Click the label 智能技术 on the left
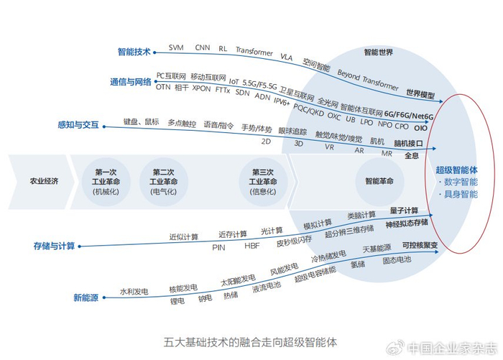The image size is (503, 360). pyautogui.click(x=134, y=52)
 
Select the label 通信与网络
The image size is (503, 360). pyautogui.click(x=130, y=82)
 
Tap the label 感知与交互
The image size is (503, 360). pyautogui.click(x=80, y=126)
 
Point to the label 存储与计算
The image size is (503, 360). pyautogui.click(x=53, y=246)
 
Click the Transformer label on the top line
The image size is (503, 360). pyautogui.click(x=254, y=52)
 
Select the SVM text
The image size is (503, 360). pyautogui.click(x=176, y=47)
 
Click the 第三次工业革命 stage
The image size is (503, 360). pyautogui.click(x=262, y=182)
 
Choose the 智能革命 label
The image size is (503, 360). pyautogui.click(x=379, y=181)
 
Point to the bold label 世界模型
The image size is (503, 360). pyautogui.click(x=420, y=94)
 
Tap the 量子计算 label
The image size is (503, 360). pyautogui.click(x=404, y=211)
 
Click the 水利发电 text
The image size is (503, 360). pyautogui.click(x=134, y=291)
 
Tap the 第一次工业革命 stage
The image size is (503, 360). pyautogui.click(x=105, y=182)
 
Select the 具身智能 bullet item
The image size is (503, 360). pyautogui.click(x=461, y=194)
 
